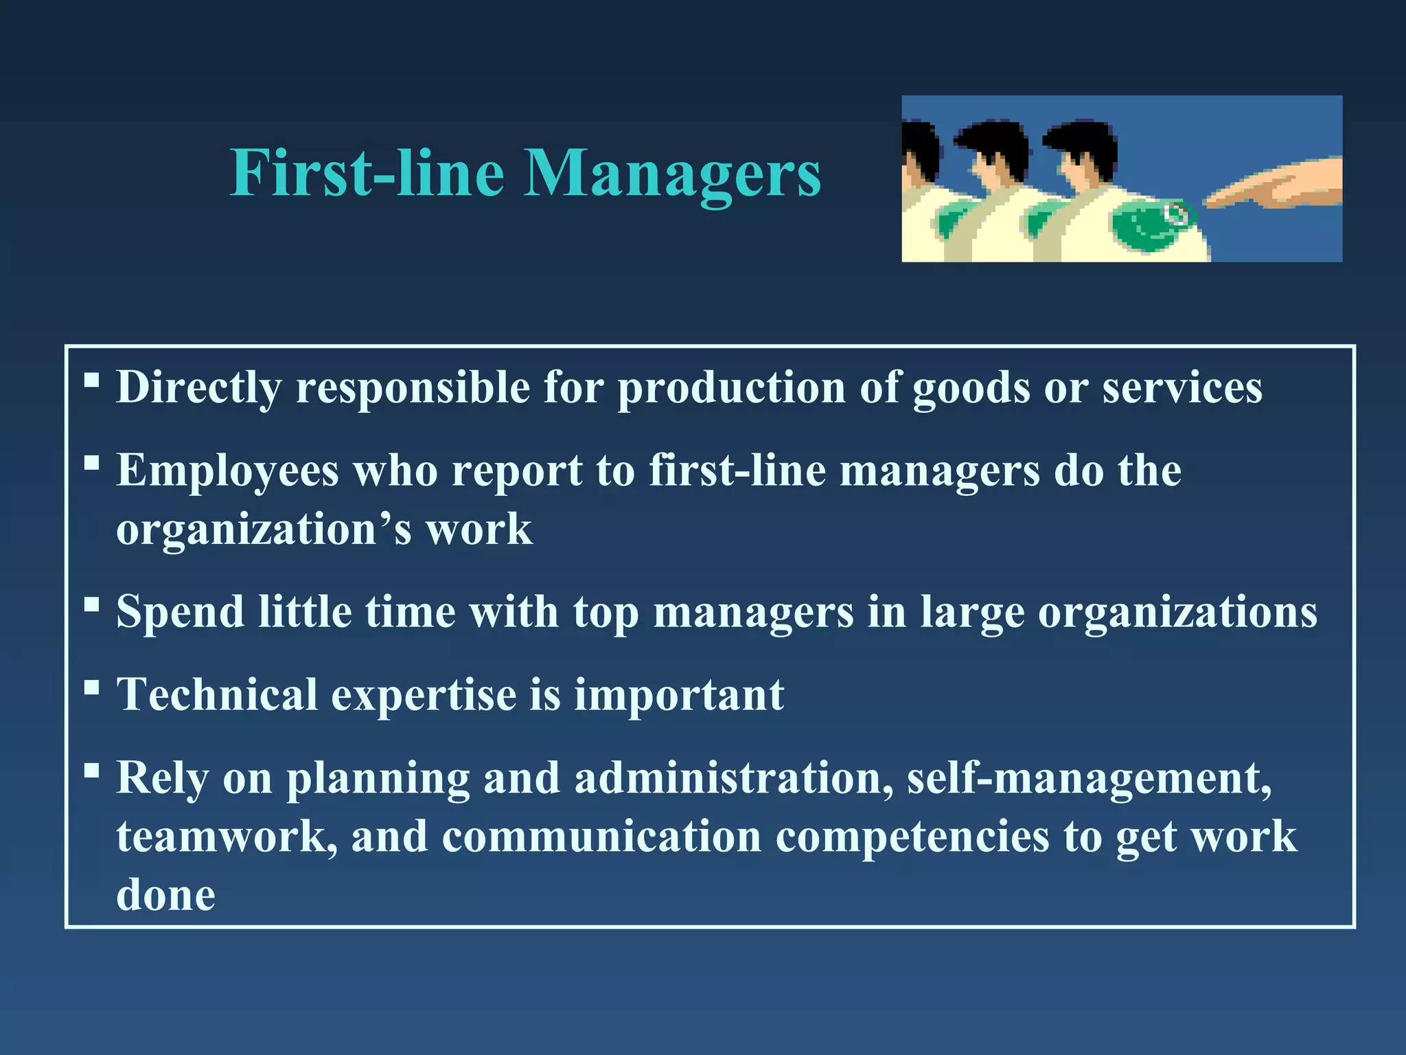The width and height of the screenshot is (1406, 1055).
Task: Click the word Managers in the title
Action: click(672, 173)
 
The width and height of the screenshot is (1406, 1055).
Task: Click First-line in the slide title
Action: click(367, 173)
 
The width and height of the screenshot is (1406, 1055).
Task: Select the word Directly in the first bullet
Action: click(198, 388)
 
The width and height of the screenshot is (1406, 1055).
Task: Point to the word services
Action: click(1182, 388)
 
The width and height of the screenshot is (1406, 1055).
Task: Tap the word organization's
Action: click(264, 530)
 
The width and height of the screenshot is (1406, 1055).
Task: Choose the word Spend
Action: click(180, 611)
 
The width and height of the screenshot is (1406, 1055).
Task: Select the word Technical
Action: click(217, 694)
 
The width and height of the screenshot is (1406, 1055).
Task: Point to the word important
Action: click(679, 694)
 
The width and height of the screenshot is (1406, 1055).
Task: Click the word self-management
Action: click(1089, 778)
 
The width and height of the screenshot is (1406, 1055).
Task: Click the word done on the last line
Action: click(165, 895)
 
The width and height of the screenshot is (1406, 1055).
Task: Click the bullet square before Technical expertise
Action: click(91, 686)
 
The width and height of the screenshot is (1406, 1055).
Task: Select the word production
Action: click(731, 388)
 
